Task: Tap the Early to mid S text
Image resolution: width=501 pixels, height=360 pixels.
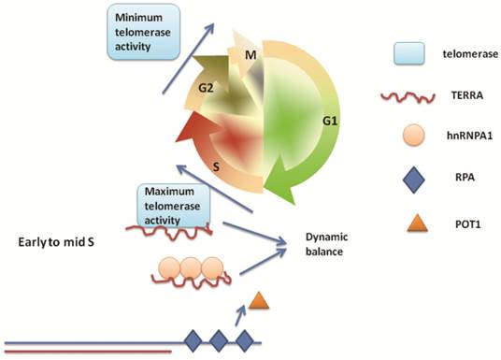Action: (x=58, y=242)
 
